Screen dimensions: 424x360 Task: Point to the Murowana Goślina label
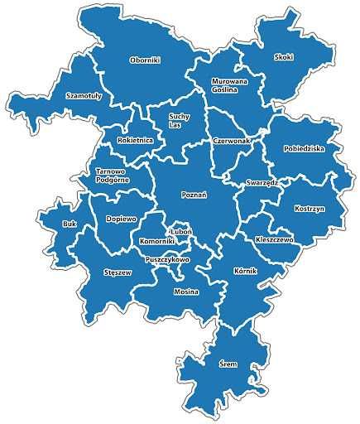coord(224,85)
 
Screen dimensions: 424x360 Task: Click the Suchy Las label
coord(179,121)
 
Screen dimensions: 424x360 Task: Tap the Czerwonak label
coord(231,141)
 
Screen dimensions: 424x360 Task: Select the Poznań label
coord(193,194)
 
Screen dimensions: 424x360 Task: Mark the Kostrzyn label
coord(309,210)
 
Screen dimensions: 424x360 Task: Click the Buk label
coord(70,224)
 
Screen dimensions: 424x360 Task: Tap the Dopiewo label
coord(120,219)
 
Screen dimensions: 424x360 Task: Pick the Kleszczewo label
coord(274,238)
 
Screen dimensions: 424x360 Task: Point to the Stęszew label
coord(118,272)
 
